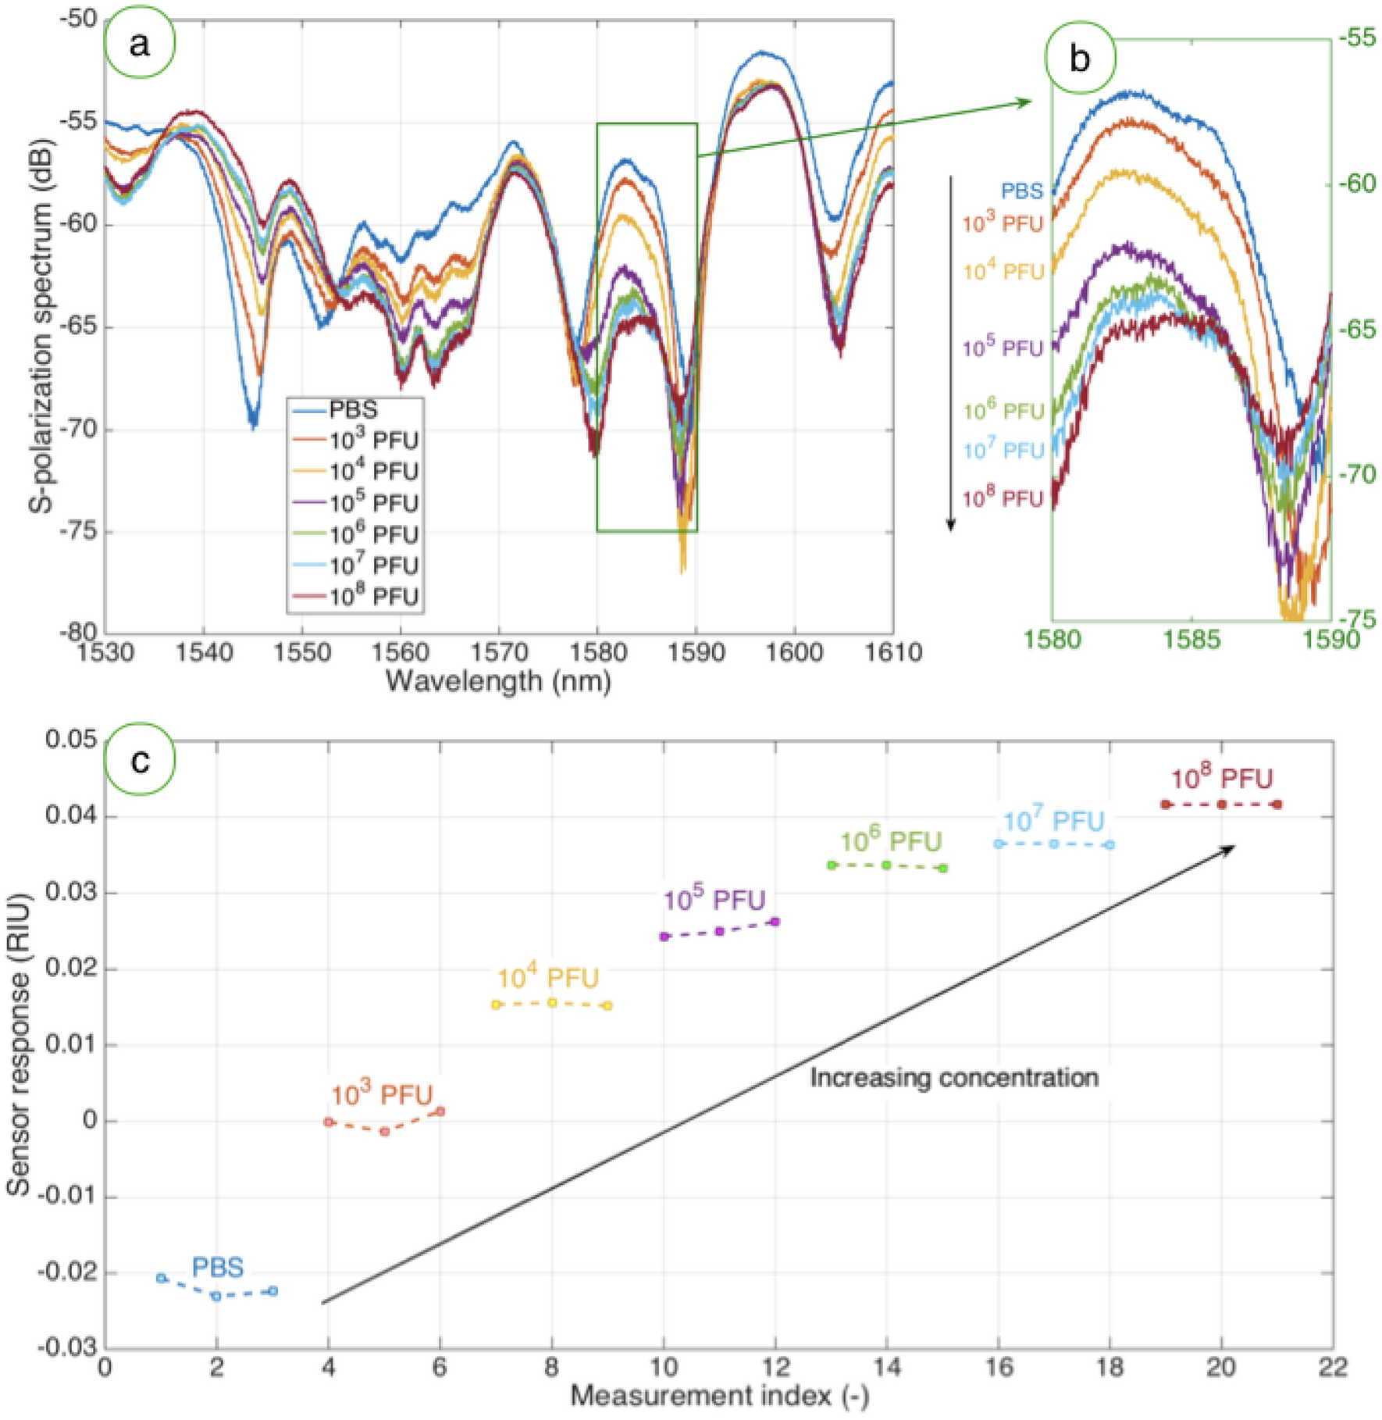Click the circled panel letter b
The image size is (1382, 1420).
coord(1080,59)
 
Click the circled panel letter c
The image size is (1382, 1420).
coord(140,760)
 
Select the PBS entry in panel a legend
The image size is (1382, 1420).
coord(353,410)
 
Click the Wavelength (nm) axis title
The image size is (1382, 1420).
coord(498,681)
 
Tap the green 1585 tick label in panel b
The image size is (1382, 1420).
coord(1191,640)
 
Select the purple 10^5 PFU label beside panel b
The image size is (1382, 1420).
coord(1003,347)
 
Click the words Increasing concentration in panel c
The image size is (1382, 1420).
coord(953,1078)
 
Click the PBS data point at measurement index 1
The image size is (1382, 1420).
coord(162,1278)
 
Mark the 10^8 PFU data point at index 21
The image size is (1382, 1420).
coord(1277,805)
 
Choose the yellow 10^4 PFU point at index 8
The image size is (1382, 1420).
coord(552,1002)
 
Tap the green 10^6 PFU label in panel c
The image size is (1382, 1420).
coord(890,841)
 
